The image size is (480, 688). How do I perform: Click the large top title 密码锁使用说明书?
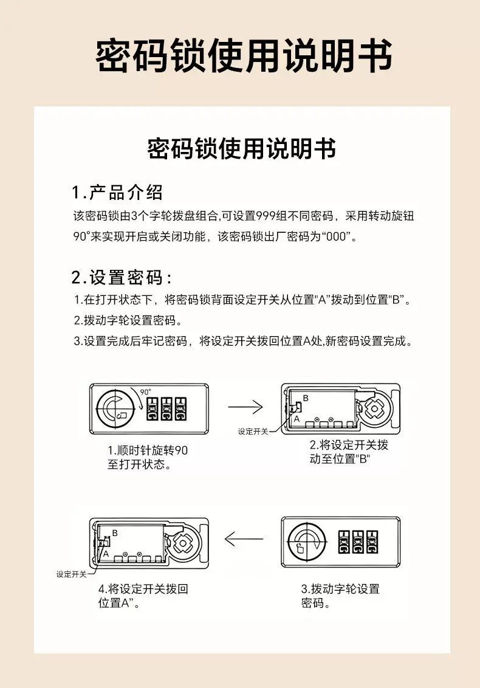click(244, 56)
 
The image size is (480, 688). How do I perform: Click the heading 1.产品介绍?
click(117, 193)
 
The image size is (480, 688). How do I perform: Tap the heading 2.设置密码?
click(122, 277)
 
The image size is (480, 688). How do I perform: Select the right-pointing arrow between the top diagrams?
click(245, 407)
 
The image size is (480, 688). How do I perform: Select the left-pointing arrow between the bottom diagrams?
click(244, 539)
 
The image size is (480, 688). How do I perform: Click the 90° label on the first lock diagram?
click(146, 392)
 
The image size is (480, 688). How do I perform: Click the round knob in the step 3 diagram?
click(306, 542)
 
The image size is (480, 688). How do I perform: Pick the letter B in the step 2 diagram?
click(306, 399)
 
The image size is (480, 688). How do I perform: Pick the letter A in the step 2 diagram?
click(297, 419)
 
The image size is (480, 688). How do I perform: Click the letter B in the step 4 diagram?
click(115, 533)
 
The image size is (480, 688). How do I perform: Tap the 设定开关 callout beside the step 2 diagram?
click(253, 432)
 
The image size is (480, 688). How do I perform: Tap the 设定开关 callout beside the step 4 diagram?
click(71, 574)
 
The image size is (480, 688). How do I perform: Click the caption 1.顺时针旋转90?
click(148, 450)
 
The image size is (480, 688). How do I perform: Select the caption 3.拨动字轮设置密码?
click(340, 596)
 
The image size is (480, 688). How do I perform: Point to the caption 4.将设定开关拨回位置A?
click(143, 596)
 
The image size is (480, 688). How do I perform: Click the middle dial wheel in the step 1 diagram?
click(166, 409)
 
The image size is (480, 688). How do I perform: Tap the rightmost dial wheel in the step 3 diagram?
click(372, 542)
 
